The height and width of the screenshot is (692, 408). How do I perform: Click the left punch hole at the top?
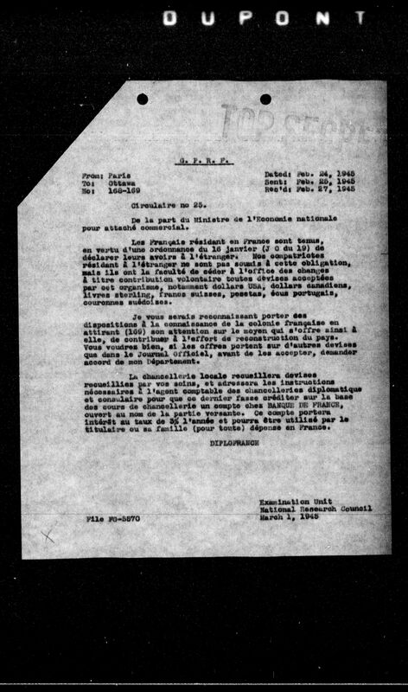click(142, 99)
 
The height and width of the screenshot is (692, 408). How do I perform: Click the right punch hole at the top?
click(265, 99)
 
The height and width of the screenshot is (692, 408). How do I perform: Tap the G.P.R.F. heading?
click(204, 160)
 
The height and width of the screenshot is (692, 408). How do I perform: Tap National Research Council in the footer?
click(315, 509)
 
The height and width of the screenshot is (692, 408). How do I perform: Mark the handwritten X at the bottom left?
click(48, 535)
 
